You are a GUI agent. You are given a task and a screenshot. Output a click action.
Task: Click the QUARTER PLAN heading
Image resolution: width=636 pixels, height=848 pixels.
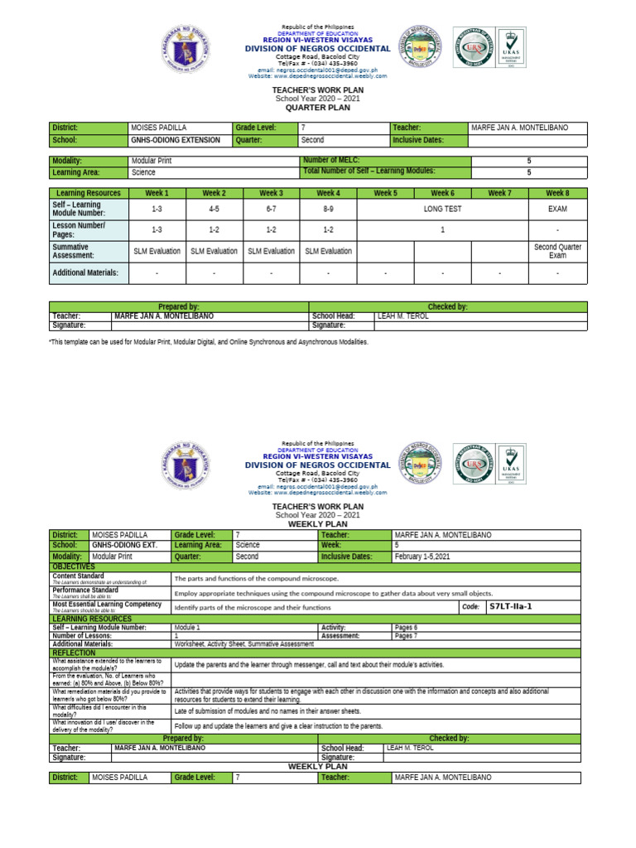pos(318,107)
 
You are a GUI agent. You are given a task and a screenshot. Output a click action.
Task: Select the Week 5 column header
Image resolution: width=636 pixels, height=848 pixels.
pos(385,193)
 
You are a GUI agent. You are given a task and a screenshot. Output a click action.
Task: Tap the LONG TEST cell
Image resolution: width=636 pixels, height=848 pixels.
pos(442,210)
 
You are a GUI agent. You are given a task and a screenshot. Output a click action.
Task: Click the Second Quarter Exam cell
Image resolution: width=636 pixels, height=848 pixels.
pos(557,251)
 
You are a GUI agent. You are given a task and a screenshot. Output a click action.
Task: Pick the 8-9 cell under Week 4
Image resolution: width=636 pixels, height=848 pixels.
pos(328,210)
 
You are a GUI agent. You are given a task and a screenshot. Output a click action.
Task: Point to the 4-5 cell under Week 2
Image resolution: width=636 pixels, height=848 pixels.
pos(214,210)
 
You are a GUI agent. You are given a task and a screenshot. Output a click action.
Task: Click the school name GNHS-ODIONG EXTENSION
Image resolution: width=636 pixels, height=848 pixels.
pos(176,140)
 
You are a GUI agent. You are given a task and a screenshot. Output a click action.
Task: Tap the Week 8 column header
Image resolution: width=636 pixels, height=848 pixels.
pos(557,193)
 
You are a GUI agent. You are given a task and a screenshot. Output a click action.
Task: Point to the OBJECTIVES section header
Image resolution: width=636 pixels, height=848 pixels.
pos(74,566)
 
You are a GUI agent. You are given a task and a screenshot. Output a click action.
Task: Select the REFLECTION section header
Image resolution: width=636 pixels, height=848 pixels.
pos(74,653)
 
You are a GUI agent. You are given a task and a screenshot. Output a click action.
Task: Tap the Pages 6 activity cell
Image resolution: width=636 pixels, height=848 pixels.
pos(406,628)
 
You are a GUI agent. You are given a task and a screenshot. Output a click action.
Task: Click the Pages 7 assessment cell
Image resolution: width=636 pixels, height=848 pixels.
pos(406,636)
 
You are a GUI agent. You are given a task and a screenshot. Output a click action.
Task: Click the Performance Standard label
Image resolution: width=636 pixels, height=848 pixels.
pos(85,590)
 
